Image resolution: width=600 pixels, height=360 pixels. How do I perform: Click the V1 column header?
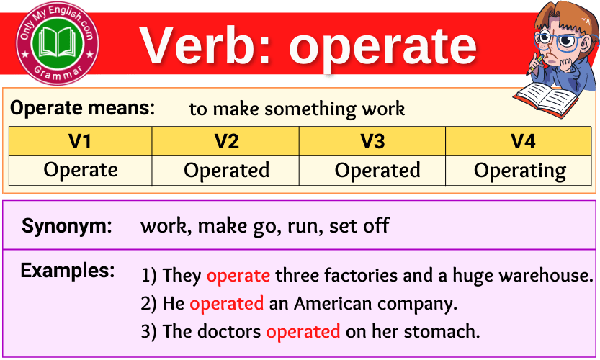(80, 141)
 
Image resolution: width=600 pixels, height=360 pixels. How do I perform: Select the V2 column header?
(226, 141)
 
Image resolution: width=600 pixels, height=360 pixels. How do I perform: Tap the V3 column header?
(372, 141)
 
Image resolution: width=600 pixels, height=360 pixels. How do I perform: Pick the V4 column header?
(523, 141)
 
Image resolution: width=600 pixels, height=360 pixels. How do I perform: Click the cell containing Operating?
(520, 171)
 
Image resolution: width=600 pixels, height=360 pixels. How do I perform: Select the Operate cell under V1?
(80, 170)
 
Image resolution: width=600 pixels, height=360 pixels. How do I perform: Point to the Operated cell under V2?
(226, 171)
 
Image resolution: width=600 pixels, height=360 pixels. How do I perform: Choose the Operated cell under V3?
(377, 171)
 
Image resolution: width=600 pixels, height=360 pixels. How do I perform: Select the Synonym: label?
(67, 226)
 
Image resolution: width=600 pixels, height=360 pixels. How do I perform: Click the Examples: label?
(68, 271)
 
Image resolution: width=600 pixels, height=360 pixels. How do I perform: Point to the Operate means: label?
(83, 108)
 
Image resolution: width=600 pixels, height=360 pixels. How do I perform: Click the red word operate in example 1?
(238, 275)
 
